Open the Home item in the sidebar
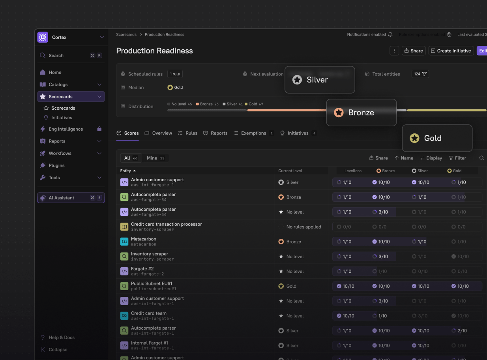(x=55, y=73)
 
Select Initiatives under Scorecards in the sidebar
(x=62, y=118)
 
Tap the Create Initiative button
(x=451, y=51)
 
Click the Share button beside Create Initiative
(x=413, y=51)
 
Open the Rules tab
(x=188, y=133)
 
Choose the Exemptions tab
(x=253, y=133)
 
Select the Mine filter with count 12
(x=155, y=158)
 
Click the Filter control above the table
(x=457, y=158)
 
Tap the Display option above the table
(x=431, y=158)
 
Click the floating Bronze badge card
(x=361, y=112)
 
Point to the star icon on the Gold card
(x=414, y=138)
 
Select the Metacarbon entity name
(x=144, y=239)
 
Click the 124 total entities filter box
(x=420, y=74)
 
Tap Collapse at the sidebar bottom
(x=58, y=350)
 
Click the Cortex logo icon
(x=43, y=37)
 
